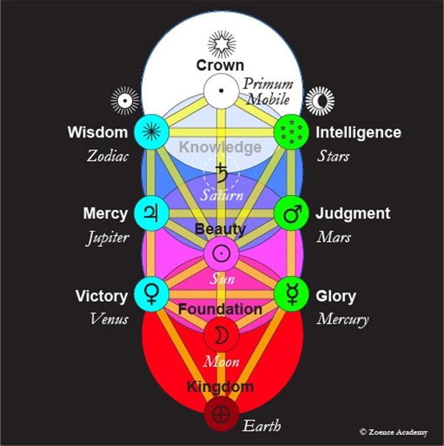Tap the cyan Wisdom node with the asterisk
pyautogui.click(x=153, y=132)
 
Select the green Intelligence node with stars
pyautogui.click(x=291, y=132)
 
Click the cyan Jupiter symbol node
pyautogui.click(x=153, y=214)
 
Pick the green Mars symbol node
pyautogui.click(x=291, y=214)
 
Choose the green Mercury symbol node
pyautogui.click(x=291, y=294)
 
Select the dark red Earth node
pyautogui.click(x=222, y=415)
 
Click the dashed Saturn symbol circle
pyautogui.click(x=222, y=173)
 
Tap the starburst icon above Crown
pyautogui.click(x=222, y=44)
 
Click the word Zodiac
pyautogui.click(x=107, y=157)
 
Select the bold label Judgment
pyautogui.click(x=353, y=214)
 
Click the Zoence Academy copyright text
pyautogui.click(x=393, y=432)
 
